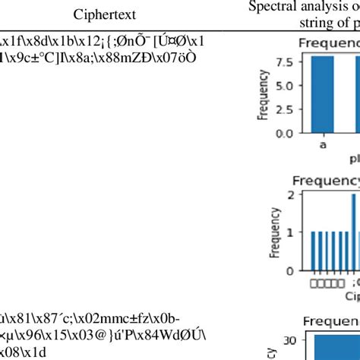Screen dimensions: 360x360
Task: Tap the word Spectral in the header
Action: pyautogui.click(x=271, y=7)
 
